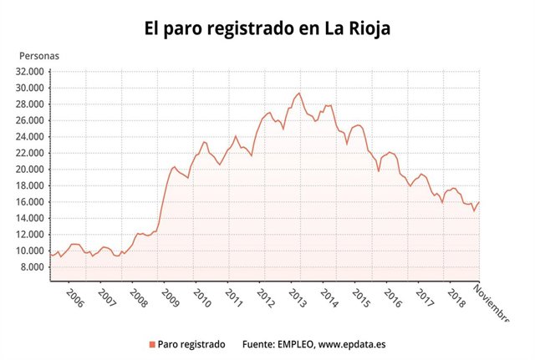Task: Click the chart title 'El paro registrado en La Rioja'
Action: [x=267, y=28]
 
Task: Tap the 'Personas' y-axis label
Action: [x=39, y=56]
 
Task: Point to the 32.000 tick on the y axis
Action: [x=31, y=71]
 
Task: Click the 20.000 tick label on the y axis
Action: [x=31, y=170]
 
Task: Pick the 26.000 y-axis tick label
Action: [x=31, y=120]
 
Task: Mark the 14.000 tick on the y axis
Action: [x=31, y=218]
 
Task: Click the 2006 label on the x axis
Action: [x=74, y=299]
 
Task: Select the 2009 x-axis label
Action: [x=170, y=299]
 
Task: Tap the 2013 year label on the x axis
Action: [x=296, y=299]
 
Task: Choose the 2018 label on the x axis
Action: [x=456, y=299]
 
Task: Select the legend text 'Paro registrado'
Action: [x=191, y=343]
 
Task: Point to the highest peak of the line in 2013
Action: [x=299, y=93]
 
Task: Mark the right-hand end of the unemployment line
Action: [x=479, y=202]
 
